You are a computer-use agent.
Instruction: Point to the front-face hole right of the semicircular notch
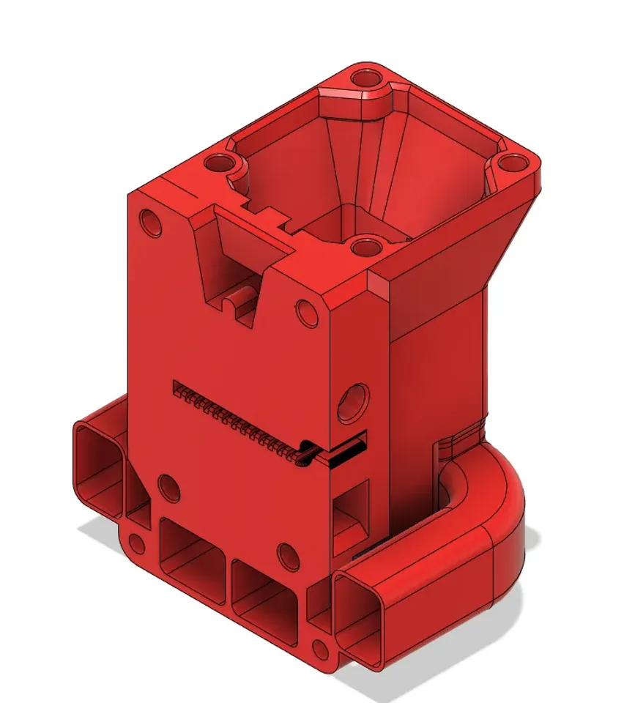[307, 313]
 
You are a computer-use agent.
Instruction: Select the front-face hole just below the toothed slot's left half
[169, 488]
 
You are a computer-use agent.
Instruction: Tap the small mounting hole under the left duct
[135, 543]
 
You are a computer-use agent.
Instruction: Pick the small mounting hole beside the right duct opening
[320, 648]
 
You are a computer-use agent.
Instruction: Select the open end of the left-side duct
[97, 469]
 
